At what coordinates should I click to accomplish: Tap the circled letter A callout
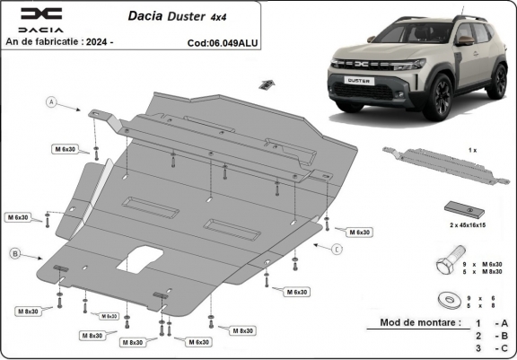52,103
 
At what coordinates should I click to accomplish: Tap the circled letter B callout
15,254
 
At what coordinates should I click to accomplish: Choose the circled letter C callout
337,249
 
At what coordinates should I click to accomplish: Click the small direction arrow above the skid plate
265,84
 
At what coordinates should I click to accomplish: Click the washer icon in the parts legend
444,299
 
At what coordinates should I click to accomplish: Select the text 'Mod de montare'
418,321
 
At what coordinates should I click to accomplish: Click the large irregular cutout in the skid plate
140,260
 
